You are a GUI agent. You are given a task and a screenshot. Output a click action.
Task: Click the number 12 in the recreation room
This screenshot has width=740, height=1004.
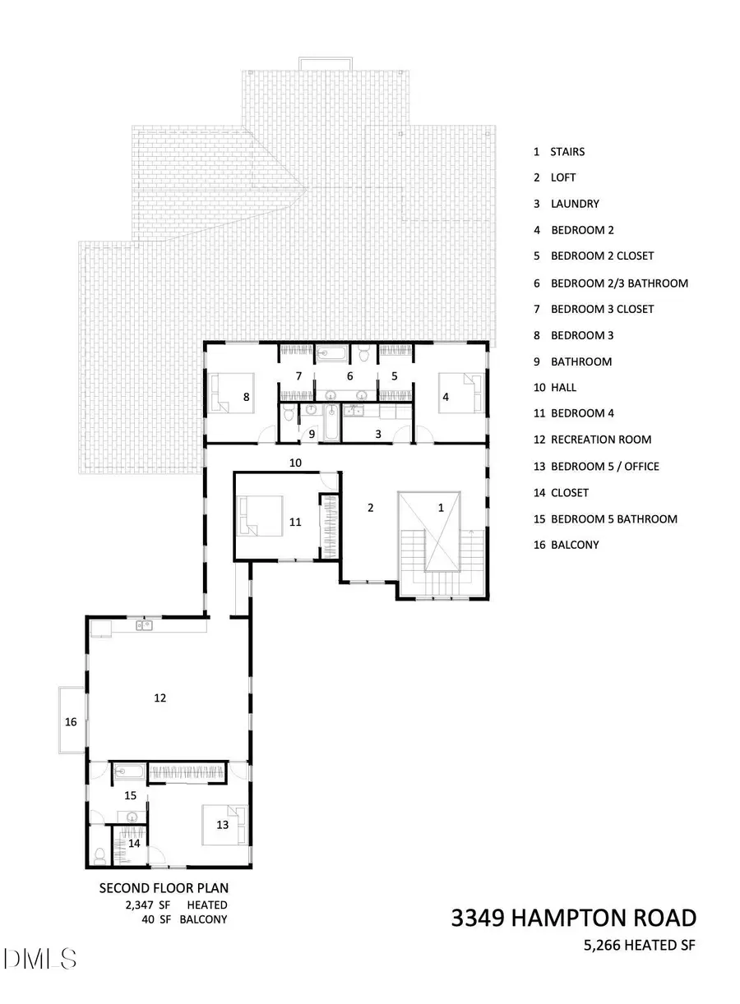[x=160, y=698]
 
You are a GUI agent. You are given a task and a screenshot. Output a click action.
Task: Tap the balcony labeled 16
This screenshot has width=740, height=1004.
[x=71, y=721]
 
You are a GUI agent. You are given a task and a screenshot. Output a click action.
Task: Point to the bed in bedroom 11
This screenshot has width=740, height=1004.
[x=261, y=519]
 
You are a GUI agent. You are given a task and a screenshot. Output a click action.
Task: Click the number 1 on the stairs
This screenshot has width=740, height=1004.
[x=441, y=508]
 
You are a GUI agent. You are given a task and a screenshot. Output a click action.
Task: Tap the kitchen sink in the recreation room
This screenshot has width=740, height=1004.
[x=145, y=626]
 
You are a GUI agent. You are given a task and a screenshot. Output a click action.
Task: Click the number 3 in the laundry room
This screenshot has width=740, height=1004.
[x=377, y=433]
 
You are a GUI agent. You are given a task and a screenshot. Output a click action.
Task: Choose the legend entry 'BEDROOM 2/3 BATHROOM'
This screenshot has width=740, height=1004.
[x=618, y=283]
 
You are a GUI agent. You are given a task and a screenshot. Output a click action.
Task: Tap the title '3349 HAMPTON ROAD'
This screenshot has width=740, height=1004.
[x=573, y=918]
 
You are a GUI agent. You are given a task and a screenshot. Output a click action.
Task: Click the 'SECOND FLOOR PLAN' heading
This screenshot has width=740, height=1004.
[x=164, y=887]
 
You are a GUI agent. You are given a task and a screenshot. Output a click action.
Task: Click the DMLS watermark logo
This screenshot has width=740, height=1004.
[x=39, y=958]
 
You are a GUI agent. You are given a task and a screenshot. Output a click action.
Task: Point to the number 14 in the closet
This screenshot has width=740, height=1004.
[x=134, y=842]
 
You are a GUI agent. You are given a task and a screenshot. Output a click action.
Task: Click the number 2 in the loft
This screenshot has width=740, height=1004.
[x=370, y=508]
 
